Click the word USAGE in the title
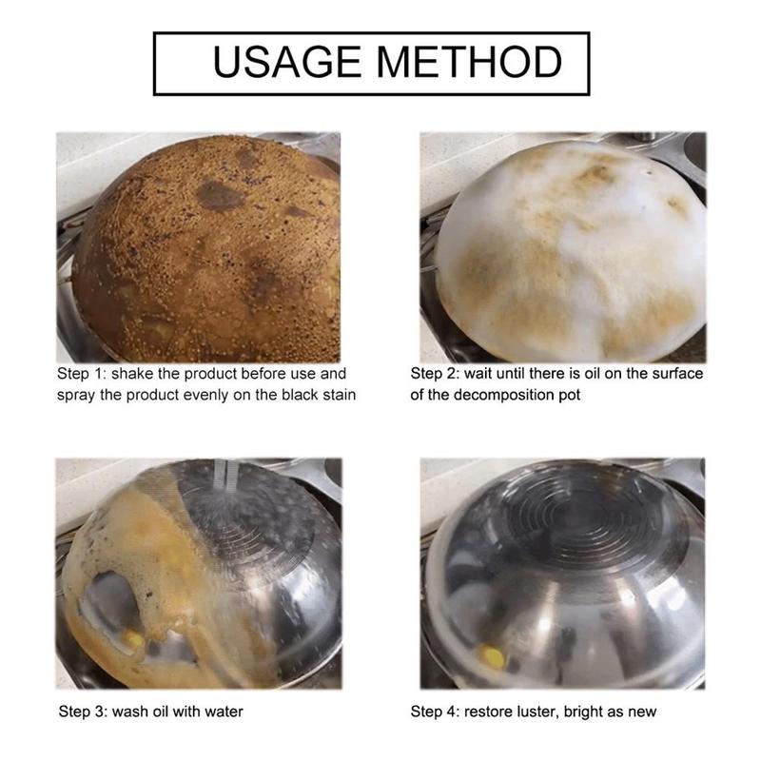(x=287, y=62)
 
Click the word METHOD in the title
(x=469, y=62)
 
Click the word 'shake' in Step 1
(x=132, y=374)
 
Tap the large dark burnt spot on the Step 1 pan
(x=220, y=195)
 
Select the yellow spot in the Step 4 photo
(x=492, y=657)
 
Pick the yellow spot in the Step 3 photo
(x=132, y=638)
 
